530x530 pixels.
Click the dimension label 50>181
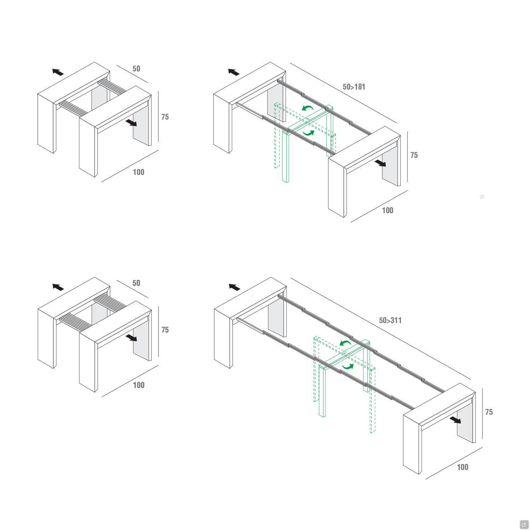pos(354,87)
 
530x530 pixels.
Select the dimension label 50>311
pos(390,320)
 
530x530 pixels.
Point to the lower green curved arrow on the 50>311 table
pos(348,366)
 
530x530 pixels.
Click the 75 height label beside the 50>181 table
pos(414,155)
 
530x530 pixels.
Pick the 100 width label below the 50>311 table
pos(463,467)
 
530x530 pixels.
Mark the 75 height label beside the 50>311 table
pos(489,412)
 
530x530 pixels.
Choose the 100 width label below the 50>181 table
pos(388,210)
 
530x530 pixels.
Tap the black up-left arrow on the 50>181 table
pos(234,72)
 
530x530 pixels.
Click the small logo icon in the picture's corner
pos(524,524)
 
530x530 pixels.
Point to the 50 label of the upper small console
pos(136,69)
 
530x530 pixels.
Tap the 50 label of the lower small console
pos(136,283)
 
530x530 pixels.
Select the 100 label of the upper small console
pos(139,172)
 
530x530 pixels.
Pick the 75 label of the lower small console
pos(165,330)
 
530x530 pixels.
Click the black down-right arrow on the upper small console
pos(132,123)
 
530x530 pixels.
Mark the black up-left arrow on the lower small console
pos(58,287)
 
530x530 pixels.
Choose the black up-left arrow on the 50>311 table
pos(234,287)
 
